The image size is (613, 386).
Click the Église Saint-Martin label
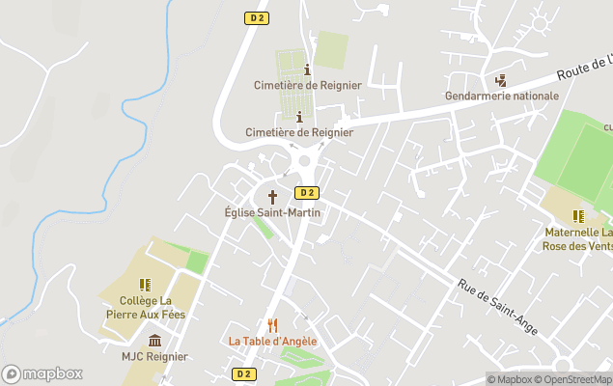coord(271,212)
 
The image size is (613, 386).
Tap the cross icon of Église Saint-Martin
coord(271,196)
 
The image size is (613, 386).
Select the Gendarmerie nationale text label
coord(502,96)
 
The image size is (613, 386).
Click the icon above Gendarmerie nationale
coord(501,80)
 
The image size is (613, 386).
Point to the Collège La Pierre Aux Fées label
coord(146,307)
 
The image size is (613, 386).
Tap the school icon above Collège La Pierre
coord(145,285)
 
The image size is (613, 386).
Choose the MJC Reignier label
coord(154,357)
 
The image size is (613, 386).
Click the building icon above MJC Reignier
coord(154,340)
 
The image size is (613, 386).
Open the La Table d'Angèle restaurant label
coord(272,342)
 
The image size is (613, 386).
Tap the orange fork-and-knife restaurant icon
coord(272,325)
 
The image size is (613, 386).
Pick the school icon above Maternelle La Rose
coord(578,216)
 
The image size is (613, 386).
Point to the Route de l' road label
coord(583,68)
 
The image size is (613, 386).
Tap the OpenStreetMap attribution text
coord(573,379)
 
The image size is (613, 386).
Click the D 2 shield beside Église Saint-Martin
coord(306,192)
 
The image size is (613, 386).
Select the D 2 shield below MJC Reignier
coord(244,373)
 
